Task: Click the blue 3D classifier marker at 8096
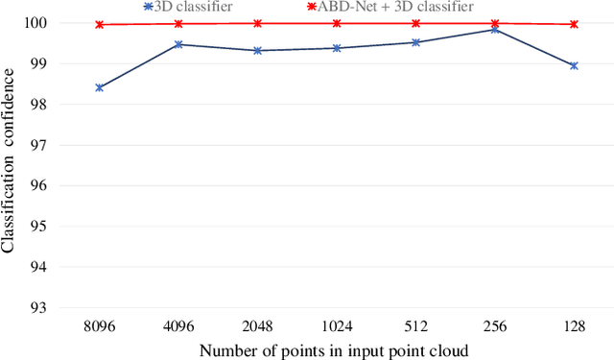click(100, 87)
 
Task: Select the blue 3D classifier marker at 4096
click(178, 44)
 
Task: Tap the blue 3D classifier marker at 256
click(494, 30)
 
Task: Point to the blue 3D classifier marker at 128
click(574, 66)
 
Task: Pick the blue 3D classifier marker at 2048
click(258, 50)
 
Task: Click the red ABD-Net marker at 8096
click(100, 25)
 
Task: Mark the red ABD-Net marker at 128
click(574, 24)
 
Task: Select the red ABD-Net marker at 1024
click(337, 23)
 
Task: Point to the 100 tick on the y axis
click(43, 23)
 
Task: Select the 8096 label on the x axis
click(100, 326)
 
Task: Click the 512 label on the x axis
click(415, 326)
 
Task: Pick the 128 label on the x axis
click(574, 326)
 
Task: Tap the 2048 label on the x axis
click(258, 326)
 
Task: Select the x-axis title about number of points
click(334, 350)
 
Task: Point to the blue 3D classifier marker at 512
click(415, 42)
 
